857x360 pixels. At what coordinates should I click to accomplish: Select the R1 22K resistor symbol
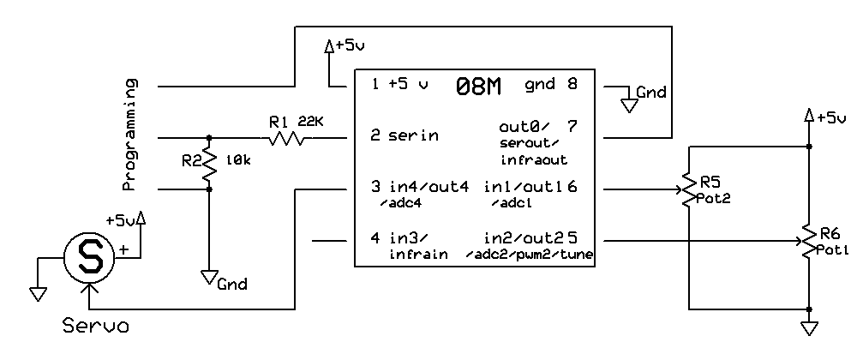285,137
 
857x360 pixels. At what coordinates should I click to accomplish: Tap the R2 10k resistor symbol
209,168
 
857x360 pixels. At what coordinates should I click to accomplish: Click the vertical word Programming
130,135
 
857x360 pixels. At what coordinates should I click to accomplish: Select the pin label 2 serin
405,135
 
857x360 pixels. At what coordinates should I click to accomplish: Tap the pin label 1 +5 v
399,85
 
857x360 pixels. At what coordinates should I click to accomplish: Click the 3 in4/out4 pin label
419,187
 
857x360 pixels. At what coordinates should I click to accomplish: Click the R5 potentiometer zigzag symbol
688,190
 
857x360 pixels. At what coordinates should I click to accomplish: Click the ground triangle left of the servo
37,293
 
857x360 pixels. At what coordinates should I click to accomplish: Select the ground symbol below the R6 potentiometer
808,328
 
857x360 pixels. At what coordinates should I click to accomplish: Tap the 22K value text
311,121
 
